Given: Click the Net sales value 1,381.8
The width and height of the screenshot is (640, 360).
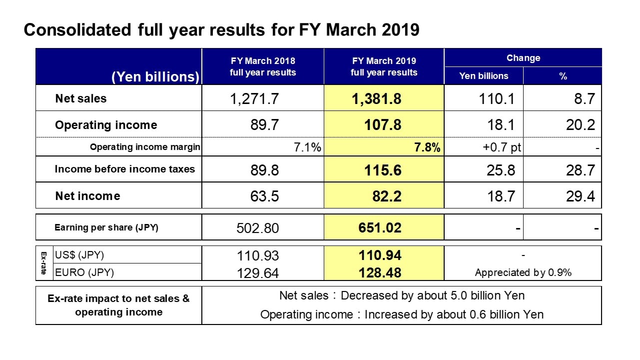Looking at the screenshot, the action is coord(376,99).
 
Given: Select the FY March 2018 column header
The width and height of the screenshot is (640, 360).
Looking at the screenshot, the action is coord(263,66).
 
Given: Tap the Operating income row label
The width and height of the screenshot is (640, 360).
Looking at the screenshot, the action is coord(106,125).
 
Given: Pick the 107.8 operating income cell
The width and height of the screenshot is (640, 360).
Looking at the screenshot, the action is coord(383,125).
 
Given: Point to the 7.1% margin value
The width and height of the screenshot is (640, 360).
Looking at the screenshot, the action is coord(307,147).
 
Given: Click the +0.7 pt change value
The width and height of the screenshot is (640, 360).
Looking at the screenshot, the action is coord(502,147).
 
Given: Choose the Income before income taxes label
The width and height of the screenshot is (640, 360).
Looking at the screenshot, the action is coord(125,169).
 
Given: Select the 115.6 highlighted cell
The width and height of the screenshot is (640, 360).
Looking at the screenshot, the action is coord(383,170).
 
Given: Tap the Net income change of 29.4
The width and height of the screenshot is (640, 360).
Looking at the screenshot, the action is coord(581,196).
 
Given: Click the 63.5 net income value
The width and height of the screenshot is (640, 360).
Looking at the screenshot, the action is coord(265,196).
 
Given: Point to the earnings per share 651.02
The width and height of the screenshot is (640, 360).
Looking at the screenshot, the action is coord(380,228).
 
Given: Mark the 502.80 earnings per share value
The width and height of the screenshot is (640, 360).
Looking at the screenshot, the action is coord(257,228).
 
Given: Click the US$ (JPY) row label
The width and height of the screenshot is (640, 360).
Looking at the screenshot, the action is coord(79,255).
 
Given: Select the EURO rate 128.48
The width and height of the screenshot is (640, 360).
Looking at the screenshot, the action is coord(380,273).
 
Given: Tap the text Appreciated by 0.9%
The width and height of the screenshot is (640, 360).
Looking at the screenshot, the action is coord(523,272).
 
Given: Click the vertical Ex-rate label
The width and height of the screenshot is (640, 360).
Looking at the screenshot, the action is coord(43,263).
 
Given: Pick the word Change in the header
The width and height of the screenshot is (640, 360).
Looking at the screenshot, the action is coord(524,58).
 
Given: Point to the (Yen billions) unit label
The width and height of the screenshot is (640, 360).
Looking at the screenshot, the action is coord(155,76).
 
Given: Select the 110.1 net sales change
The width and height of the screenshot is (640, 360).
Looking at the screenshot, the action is coord(497,99).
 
